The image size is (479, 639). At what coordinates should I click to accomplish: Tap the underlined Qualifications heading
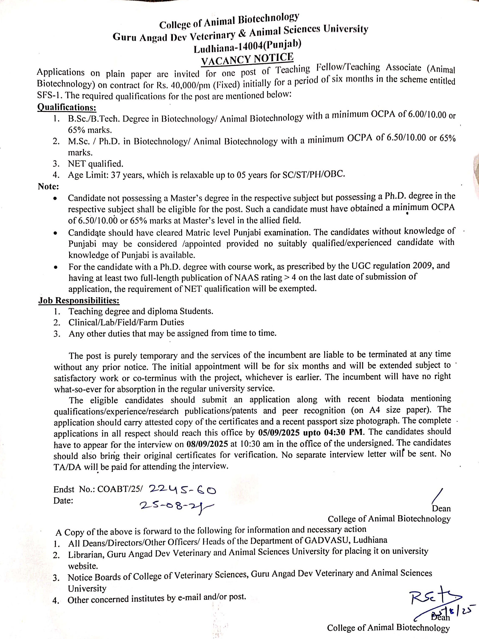pos(67,108)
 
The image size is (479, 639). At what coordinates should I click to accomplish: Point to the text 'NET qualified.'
pos(95,164)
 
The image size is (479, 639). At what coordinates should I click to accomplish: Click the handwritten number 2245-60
pos(182,489)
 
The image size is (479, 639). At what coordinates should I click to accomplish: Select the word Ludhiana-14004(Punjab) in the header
pos(247,47)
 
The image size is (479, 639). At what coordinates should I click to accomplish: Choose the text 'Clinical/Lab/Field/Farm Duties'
pos(126,322)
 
